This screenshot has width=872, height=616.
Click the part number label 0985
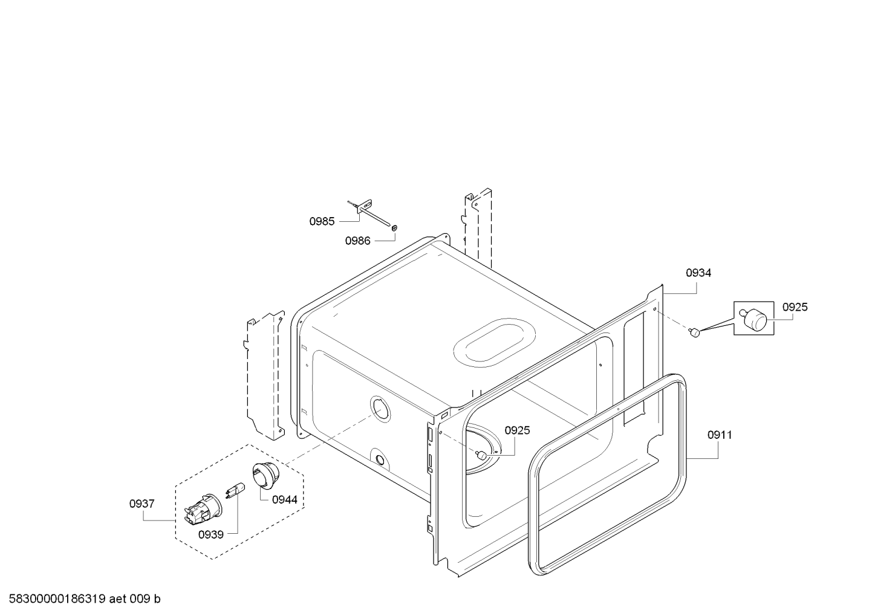[322, 222]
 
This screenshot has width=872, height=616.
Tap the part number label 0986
[357, 241]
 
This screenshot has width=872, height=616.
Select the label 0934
[698, 273]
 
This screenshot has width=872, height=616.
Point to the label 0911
[720, 435]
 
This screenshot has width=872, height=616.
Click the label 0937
[142, 504]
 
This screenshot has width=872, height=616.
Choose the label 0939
[210, 535]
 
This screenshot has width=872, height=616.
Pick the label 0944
[284, 499]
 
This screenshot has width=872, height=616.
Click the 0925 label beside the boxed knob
[795, 307]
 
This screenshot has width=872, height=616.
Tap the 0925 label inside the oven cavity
[517, 430]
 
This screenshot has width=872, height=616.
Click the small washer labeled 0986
[394, 227]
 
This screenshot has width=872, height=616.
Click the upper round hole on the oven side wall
[380, 409]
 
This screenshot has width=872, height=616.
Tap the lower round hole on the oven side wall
[379, 459]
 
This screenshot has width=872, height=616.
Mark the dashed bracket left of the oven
[264, 373]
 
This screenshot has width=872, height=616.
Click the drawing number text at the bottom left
[81, 599]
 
